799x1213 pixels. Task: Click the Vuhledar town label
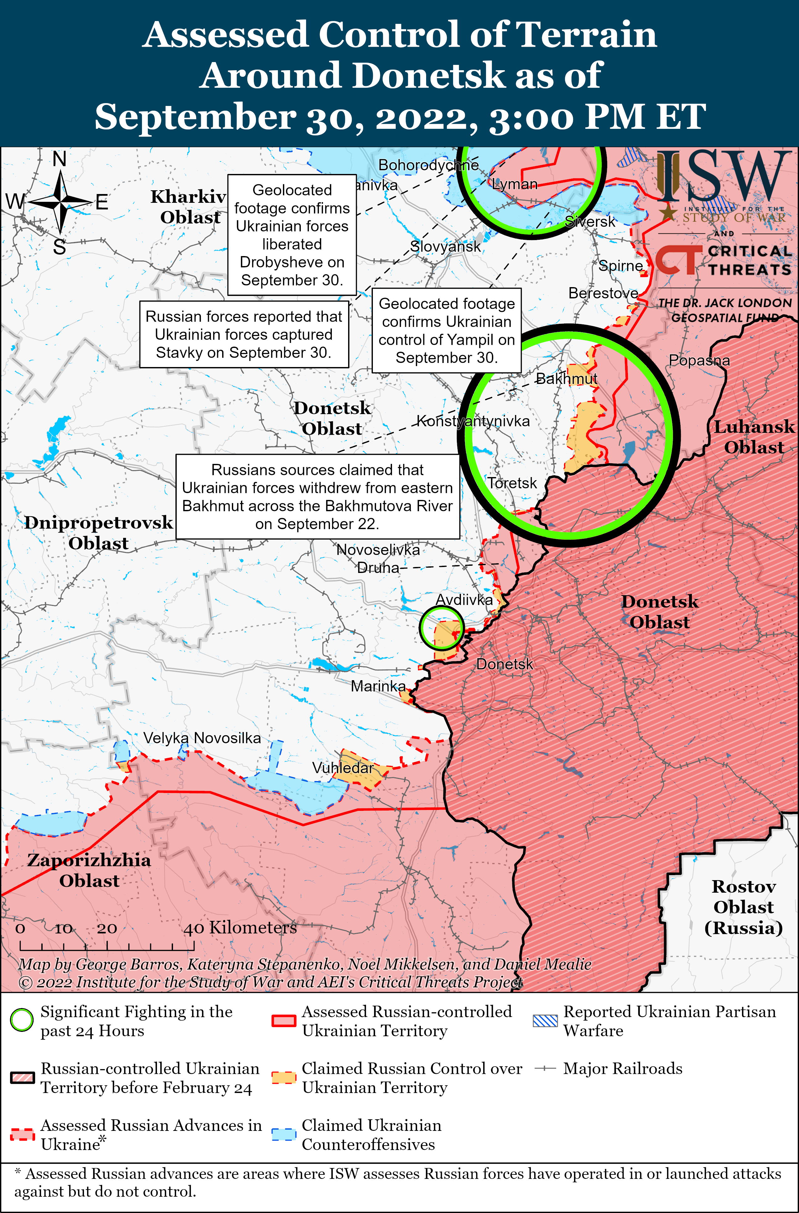click(x=343, y=768)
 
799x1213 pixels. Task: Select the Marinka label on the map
click(x=378, y=686)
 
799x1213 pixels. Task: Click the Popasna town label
click(x=699, y=360)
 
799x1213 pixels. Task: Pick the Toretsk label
click(x=512, y=483)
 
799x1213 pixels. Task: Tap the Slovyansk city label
click(x=445, y=247)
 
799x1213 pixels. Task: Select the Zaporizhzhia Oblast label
click(x=89, y=870)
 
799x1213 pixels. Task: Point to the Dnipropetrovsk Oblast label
click(x=98, y=533)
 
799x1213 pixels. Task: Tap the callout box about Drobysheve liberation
click(x=292, y=235)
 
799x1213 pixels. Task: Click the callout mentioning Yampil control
click(x=446, y=330)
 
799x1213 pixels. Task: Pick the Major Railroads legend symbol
click(x=545, y=1068)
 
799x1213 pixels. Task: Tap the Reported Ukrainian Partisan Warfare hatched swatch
click(x=545, y=1020)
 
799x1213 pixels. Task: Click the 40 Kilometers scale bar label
click(x=240, y=927)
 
